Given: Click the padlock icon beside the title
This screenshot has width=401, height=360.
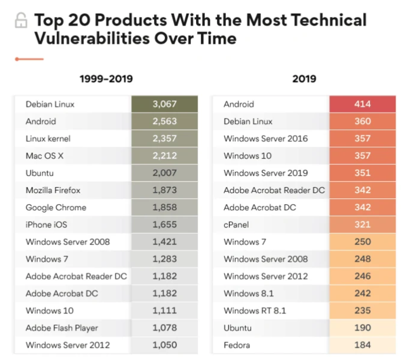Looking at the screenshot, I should tap(21, 20).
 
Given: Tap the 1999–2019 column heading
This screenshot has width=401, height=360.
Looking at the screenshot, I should tap(106, 78).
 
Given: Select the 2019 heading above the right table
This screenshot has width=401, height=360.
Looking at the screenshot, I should tap(304, 78).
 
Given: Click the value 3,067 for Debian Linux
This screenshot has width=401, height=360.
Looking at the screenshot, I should tap(164, 104).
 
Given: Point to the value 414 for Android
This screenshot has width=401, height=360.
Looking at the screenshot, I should tap(362, 104).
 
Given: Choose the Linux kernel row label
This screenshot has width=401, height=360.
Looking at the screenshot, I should tap(48, 138).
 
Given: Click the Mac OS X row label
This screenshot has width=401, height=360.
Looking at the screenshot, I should tap(44, 156).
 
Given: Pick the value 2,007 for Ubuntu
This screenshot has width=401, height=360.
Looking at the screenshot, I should tap(164, 173).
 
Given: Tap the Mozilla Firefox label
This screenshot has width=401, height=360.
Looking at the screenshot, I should tap(53, 190).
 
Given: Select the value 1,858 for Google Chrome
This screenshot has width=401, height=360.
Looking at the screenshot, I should tap(164, 207).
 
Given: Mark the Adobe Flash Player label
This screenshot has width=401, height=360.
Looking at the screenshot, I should tap(62, 328).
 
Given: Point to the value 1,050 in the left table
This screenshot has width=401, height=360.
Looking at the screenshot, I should tap(164, 346).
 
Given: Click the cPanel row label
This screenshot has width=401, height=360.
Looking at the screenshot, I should tap(237, 225).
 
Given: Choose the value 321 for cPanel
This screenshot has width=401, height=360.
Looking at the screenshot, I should tap(362, 225).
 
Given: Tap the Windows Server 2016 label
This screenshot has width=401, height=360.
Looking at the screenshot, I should tap(266, 138).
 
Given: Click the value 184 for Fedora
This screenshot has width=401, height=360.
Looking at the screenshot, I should tap(362, 346).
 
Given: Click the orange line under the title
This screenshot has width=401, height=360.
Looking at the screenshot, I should tap(29, 59).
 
